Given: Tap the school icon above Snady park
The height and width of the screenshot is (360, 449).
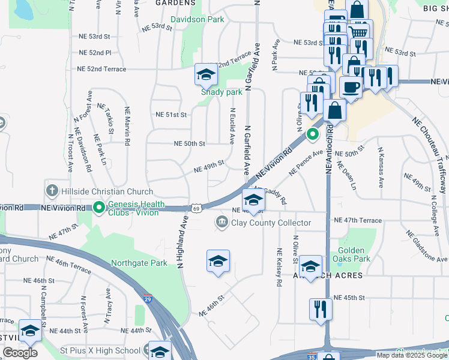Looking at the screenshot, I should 206,75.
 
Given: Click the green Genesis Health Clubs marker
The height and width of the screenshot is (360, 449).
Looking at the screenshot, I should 99,208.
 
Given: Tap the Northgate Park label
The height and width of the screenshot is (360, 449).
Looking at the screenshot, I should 139,263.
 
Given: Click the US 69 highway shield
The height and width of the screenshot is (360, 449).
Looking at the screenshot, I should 197,208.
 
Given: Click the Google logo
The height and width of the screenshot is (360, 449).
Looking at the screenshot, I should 20,353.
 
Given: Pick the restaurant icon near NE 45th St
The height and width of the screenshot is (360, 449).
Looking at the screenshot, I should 321,310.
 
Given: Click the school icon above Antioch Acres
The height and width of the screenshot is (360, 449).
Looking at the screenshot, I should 310,266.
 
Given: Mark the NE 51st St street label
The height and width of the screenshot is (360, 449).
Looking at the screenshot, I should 172,115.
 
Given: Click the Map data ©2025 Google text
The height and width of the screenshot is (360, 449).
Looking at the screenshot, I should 412,355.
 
